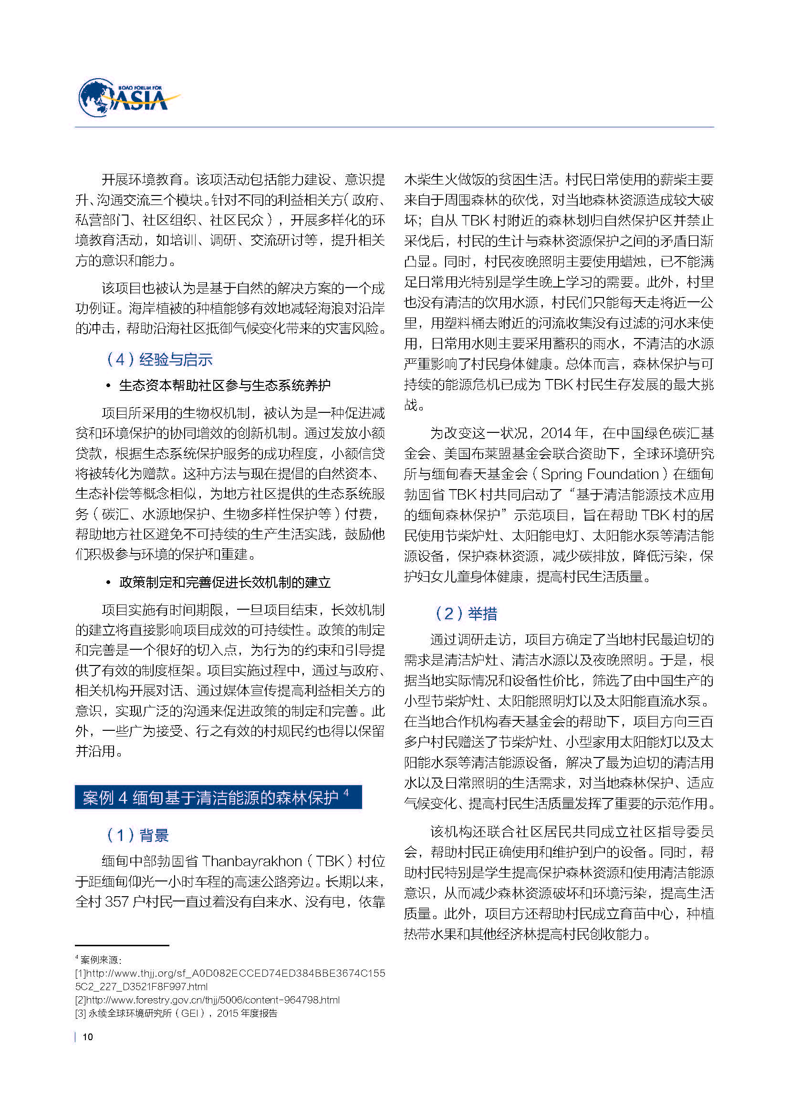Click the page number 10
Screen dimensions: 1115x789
87,1037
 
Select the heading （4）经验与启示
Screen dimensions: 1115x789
159,359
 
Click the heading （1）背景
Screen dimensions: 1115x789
137,835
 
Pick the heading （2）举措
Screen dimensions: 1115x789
466,614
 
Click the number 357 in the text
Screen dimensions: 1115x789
116,902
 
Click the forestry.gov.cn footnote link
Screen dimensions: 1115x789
208,1000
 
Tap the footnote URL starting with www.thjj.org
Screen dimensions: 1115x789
230,973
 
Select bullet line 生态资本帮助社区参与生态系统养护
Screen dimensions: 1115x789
225,386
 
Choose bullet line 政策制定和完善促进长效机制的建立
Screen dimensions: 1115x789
225,582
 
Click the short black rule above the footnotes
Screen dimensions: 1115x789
122,945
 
